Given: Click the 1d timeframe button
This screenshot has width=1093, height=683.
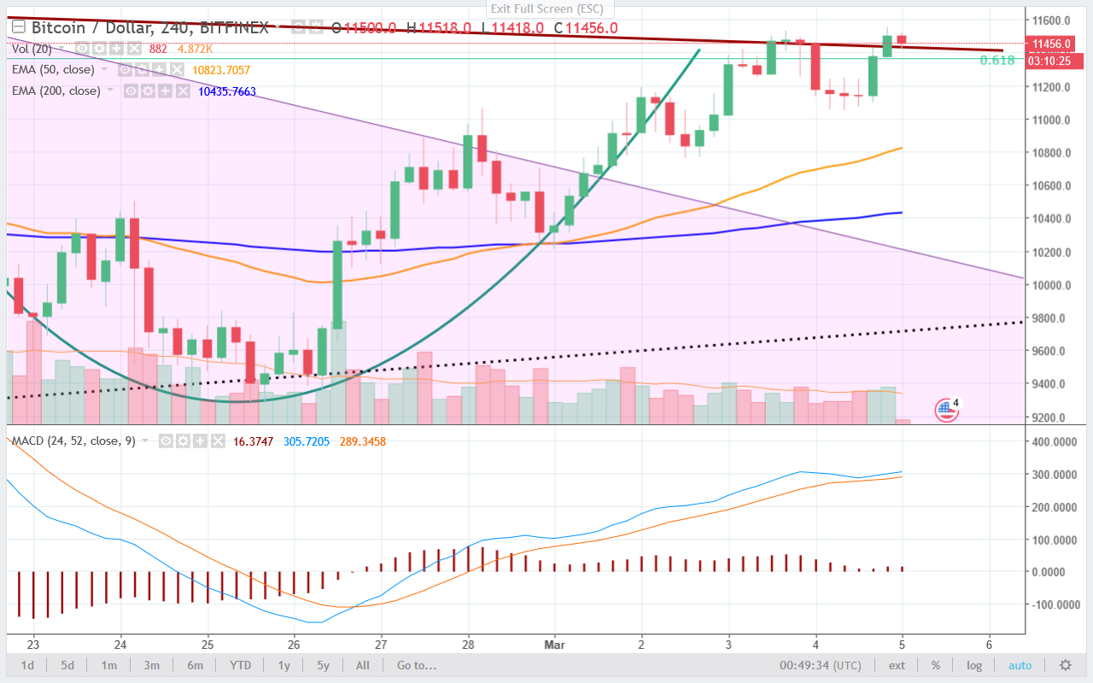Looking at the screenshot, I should (28, 665).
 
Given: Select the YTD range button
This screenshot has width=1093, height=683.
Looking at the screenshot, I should (242, 665).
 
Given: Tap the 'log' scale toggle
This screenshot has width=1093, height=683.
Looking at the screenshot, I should (974, 665).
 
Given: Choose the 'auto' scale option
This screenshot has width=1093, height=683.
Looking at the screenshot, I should (1020, 665).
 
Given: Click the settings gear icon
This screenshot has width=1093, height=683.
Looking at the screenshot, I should (1065, 665).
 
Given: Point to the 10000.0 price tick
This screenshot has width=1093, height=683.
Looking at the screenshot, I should (1052, 285).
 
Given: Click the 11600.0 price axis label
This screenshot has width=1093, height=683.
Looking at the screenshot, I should (1052, 20).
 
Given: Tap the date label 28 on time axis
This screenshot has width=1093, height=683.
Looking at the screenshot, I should (468, 645).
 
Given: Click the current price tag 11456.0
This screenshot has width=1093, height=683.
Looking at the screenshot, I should (1052, 44).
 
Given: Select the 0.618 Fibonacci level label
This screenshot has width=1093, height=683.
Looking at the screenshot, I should (997, 60).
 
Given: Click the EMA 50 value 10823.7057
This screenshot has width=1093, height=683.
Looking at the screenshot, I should (221, 70).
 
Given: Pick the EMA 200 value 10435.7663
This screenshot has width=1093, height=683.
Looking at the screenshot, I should (225, 91).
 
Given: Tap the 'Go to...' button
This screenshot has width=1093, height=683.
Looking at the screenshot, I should (416, 665).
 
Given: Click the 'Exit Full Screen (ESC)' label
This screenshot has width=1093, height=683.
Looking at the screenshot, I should (546, 9).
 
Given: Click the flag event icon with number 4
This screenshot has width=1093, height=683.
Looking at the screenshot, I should (945, 409).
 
